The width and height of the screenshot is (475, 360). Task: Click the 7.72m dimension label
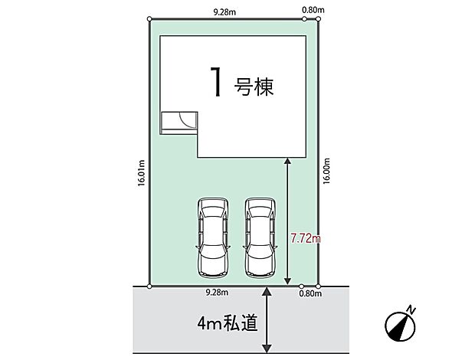(x=306, y=238)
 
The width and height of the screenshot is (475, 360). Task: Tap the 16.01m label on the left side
(x=142, y=174)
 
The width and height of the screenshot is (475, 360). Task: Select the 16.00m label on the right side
(x=326, y=172)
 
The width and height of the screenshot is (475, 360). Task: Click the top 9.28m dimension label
(x=224, y=12)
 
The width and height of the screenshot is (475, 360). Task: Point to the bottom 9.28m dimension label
(x=217, y=293)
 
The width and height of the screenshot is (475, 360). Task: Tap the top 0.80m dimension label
(x=313, y=10)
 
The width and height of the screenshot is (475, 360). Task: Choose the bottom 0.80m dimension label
(x=310, y=293)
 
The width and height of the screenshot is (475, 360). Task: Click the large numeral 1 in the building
(x=216, y=82)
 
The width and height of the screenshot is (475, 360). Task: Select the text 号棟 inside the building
(x=254, y=87)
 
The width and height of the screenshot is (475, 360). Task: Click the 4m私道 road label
(x=228, y=322)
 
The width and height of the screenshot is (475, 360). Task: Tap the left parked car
(x=213, y=237)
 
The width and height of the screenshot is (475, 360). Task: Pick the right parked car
(x=260, y=237)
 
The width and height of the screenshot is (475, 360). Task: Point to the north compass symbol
(x=400, y=326)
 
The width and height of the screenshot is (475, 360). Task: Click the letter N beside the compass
(x=411, y=310)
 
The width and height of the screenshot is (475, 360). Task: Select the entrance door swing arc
(x=185, y=119)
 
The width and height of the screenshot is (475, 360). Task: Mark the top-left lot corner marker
(x=149, y=19)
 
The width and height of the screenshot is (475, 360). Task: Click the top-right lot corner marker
(x=318, y=19)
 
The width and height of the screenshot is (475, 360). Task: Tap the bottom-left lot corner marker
(x=149, y=286)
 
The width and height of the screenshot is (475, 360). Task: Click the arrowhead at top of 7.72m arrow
(x=287, y=161)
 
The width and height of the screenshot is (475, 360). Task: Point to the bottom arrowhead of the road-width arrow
(x=267, y=349)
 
